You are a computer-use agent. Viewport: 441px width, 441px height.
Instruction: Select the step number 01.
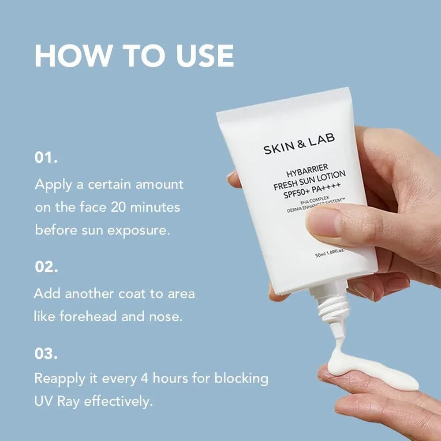(46, 158)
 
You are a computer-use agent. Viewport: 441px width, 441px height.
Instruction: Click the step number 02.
(46, 267)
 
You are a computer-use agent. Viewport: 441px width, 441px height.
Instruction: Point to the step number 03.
(46, 354)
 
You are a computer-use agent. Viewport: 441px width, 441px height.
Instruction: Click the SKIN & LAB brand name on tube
(299, 143)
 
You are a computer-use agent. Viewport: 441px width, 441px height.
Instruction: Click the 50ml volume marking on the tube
(321, 254)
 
